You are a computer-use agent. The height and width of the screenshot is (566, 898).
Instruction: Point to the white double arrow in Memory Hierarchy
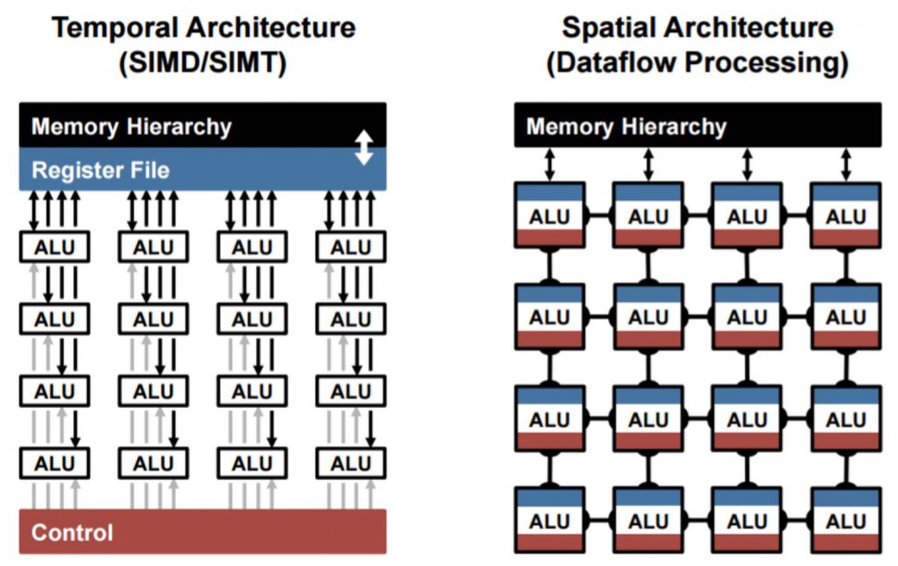[364, 147]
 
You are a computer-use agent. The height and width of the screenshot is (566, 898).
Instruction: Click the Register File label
[101, 170]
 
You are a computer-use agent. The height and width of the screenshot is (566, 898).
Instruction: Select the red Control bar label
[73, 533]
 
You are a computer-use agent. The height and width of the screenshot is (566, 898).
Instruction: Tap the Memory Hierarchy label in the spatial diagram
[626, 126]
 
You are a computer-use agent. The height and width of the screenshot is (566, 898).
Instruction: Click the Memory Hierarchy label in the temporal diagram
[131, 126]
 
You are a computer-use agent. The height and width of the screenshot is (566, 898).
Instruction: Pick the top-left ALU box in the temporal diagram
[55, 248]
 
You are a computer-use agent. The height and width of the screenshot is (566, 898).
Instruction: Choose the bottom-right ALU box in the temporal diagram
[350, 464]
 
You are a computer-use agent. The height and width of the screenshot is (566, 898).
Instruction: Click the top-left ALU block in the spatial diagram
[550, 216]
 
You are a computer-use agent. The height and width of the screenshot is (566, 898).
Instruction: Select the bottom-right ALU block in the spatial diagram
[846, 521]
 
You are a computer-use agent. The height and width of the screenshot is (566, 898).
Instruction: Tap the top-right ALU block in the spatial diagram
[846, 216]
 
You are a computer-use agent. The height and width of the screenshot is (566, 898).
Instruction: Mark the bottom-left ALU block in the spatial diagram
[550, 521]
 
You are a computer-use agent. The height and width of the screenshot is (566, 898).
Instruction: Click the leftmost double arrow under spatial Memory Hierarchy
[550, 165]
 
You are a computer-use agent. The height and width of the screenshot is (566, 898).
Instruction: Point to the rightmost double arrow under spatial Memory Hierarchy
[846, 165]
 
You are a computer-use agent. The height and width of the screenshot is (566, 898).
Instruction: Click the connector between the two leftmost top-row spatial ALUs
[599, 216]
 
